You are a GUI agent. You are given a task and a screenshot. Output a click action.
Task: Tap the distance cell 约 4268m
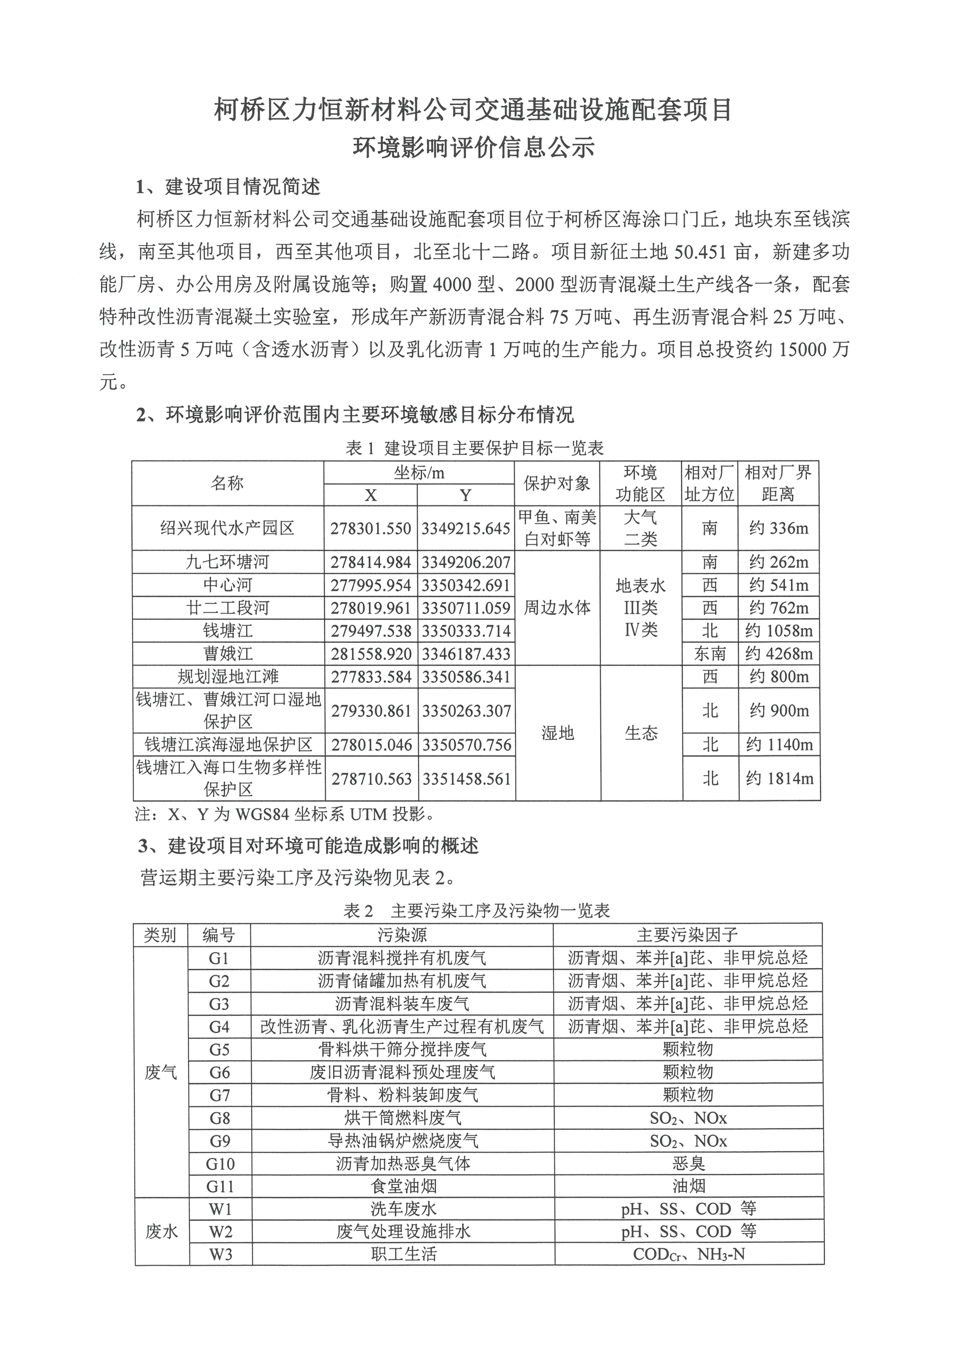pyautogui.click(x=779, y=654)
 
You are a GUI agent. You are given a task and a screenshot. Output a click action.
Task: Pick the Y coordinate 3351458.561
pyautogui.click(x=466, y=778)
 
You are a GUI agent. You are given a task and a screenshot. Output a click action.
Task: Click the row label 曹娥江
pyautogui.click(x=228, y=654)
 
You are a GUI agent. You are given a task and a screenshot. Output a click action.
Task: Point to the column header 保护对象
pyautogui.click(x=557, y=484)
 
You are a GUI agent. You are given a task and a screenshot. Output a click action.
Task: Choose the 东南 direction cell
pyautogui.click(x=710, y=654)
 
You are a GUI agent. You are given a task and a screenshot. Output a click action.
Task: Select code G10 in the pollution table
pyautogui.click(x=219, y=1164)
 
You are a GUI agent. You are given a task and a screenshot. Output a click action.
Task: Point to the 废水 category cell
pyautogui.click(x=161, y=1232)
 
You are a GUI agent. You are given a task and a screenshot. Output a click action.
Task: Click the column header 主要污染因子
pyautogui.click(x=687, y=936)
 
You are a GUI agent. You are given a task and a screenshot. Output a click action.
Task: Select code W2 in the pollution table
pyautogui.click(x=219, y=1232)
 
